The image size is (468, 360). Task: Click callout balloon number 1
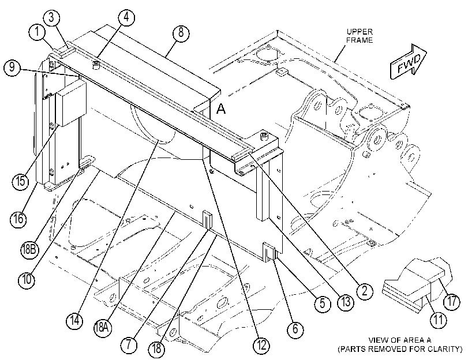click(37, 32)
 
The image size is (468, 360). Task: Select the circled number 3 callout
click(51, 18)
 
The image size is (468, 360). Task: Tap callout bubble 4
click(126, 17)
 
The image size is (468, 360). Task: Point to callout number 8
click(181, 32)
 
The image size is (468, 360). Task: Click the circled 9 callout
click(12, 67)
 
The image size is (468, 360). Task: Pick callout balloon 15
click(21, 181)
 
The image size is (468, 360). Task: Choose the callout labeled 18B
click(29, 249)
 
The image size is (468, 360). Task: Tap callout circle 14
click(74, 321)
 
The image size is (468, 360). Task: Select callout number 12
click(261, 346)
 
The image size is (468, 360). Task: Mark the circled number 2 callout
click(365, 290)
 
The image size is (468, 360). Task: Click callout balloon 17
click(452, 302)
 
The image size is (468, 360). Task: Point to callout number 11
click(438, 320)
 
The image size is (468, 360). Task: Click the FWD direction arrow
click(409, 62)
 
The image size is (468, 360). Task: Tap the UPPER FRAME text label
click(360, 36)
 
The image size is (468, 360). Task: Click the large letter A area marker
click(221, 108)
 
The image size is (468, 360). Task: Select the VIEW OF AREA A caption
click(400, 340)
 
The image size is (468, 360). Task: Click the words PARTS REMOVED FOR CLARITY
click(400, 349)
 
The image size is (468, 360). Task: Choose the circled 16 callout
click(18, 219)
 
